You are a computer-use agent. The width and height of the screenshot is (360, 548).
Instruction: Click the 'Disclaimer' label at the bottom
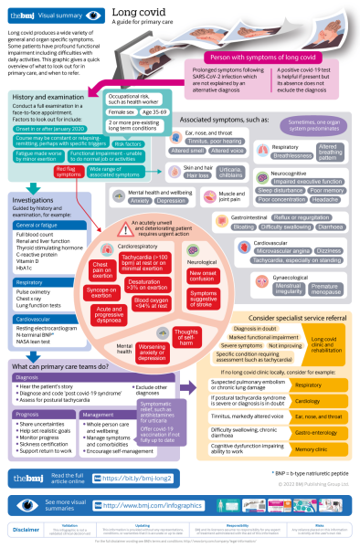pos(26,529)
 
